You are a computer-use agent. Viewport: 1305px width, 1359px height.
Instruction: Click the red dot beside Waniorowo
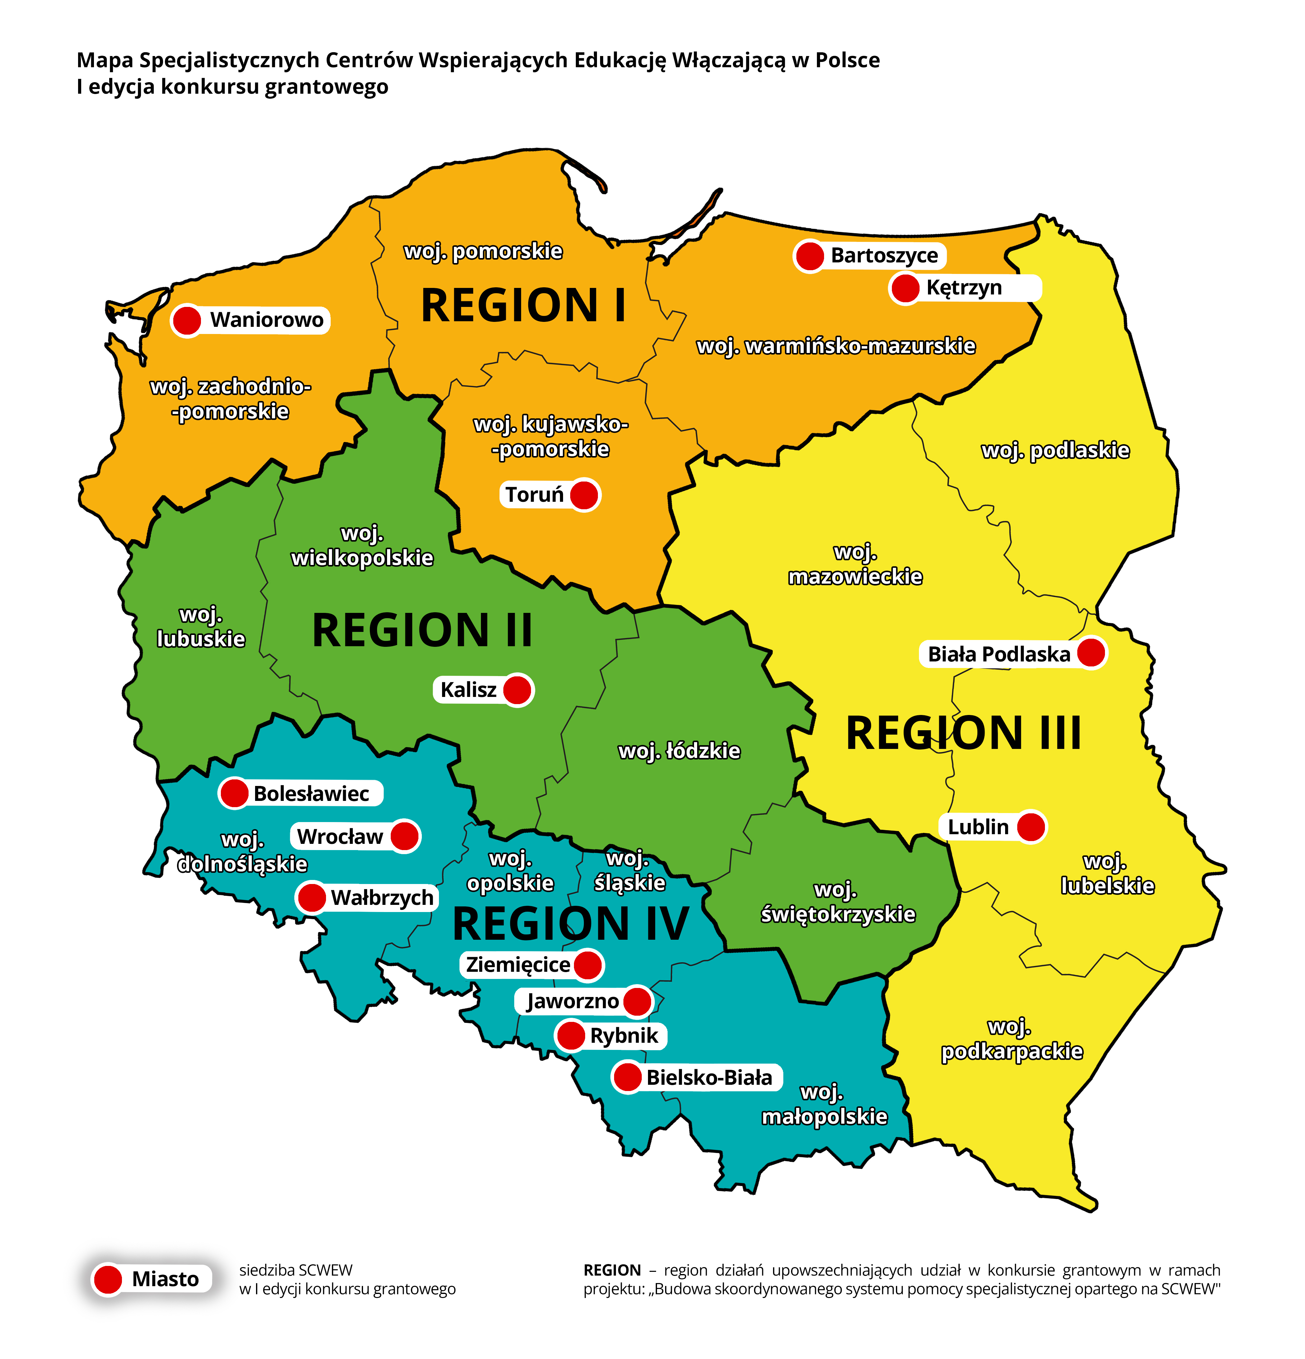click(186, 320)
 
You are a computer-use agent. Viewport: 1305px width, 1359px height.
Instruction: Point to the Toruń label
click(534, 494)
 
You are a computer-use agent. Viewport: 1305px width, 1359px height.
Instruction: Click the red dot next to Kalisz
click(517, 690)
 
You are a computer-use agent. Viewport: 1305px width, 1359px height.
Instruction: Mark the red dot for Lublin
click(1031, 826)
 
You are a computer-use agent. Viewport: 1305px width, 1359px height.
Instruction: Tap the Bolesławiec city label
click(311, 793)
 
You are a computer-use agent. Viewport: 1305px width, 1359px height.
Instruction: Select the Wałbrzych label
click(382, 897)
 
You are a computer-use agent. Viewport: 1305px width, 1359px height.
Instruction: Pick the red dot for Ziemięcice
click(588, 965)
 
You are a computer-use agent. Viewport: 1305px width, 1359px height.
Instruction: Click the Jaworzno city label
click(572, 1000)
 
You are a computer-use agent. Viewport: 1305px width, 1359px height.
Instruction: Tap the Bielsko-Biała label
click(709, 1077)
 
